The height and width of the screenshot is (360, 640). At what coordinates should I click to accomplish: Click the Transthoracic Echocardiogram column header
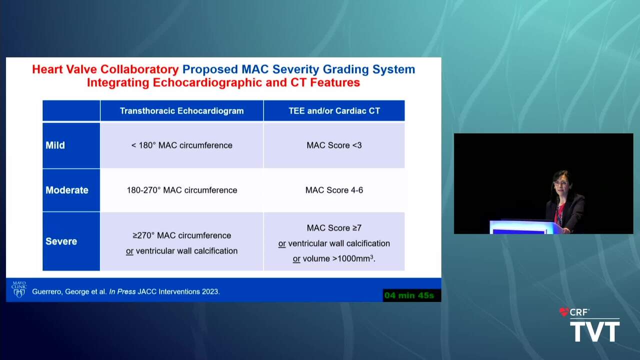[x=181, y=111]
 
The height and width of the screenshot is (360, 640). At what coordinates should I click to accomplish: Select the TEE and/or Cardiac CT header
[x=334, y=111]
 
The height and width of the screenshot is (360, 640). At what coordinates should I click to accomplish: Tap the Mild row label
[x=55, y=145]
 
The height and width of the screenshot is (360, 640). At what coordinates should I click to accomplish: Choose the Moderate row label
[x=67, y=190]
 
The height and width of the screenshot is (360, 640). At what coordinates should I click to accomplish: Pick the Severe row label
[x=61, y=241]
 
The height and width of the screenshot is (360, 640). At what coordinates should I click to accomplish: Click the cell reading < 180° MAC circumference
[x=181, y=145]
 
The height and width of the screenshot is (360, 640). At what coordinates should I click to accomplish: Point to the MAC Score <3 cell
[x=334, y=145]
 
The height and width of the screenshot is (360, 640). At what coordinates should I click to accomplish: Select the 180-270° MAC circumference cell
[x=181, y=190]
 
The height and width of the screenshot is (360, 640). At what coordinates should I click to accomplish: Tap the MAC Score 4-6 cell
[x=334, y=190]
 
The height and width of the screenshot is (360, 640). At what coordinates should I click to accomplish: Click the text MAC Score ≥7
[x=334, y=228]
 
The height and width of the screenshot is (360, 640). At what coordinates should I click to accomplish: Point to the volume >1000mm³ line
[x=334, y=258]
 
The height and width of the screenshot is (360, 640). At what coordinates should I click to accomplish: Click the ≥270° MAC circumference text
[x=181, y=235]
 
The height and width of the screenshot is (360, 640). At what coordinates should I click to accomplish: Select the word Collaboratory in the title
[x=139, y=69]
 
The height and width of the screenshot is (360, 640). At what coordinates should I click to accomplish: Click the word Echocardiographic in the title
[x=207, y=82]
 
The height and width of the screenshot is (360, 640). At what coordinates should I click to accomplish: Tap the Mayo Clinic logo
[x=19, y=289]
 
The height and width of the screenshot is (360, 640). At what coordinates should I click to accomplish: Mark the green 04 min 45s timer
[x=409, y=295]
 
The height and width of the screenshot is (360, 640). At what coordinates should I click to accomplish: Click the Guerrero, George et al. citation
[x=125, y=291]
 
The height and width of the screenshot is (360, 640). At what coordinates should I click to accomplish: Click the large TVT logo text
[x=595, y=331]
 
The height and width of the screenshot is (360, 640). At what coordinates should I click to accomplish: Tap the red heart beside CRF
[x=564, y=312]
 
